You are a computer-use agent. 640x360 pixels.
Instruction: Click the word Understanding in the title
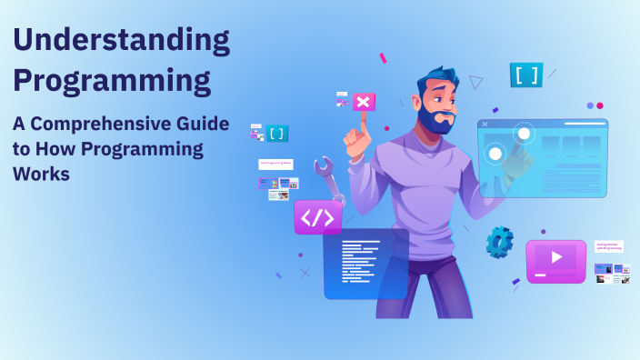121,41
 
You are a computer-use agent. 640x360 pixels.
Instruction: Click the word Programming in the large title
112,80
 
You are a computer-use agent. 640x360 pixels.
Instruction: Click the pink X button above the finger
364,101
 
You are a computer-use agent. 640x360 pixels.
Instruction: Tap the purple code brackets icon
318,217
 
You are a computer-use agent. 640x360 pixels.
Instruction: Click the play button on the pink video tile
556,258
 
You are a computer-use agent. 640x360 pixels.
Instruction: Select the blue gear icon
499,242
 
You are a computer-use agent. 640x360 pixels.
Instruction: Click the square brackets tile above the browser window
526,75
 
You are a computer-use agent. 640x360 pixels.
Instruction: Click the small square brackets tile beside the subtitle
277,133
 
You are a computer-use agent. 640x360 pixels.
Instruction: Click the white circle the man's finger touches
495,154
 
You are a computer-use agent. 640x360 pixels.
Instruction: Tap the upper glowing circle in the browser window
524,135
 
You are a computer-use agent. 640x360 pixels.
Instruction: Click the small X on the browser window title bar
485,124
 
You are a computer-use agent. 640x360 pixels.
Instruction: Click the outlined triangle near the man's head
476,82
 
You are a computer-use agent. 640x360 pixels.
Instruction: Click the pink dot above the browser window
600,105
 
